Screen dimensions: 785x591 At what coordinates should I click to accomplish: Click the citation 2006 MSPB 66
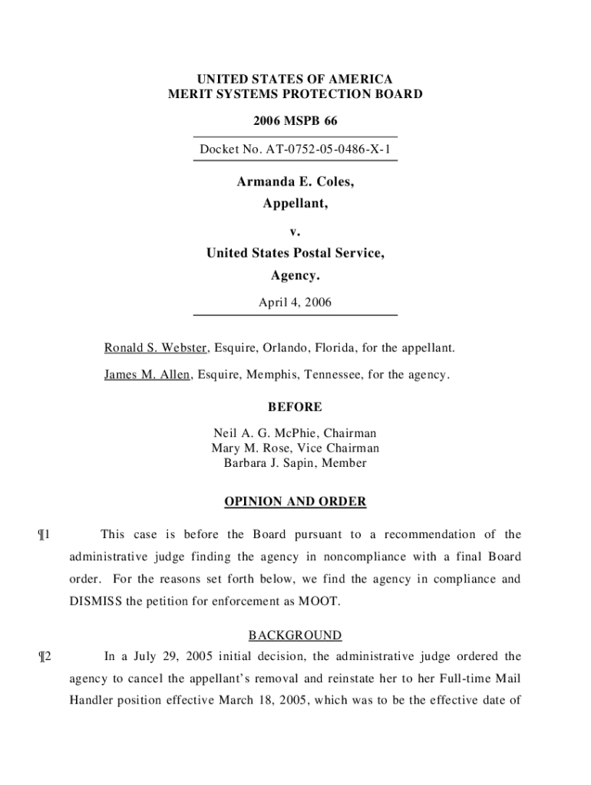point(295,122)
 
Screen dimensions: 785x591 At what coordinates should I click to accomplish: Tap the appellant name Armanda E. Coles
point(295,182)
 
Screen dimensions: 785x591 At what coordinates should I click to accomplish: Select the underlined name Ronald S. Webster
point(156,349)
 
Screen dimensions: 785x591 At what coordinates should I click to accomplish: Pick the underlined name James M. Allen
point(147,375)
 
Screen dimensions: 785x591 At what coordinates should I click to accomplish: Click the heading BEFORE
point(295,407)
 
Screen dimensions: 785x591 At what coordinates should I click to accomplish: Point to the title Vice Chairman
point(342,448)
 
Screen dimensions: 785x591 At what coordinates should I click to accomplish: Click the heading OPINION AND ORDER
point(295,502)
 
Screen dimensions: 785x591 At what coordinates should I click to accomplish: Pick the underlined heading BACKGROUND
point(295,636)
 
